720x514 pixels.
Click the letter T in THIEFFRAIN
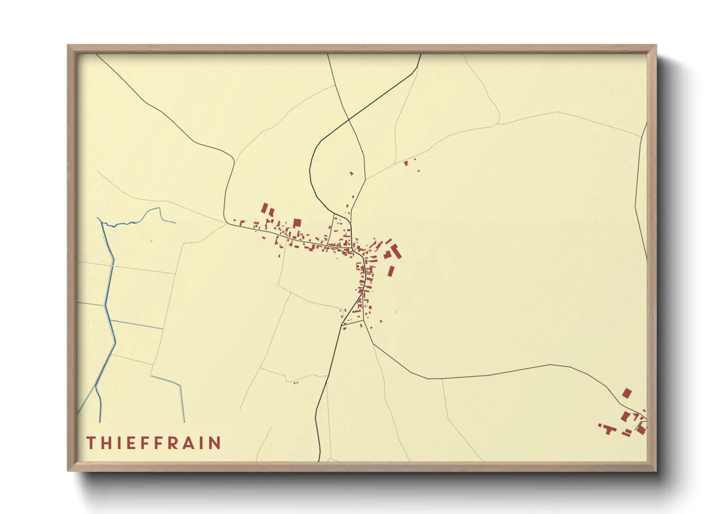coord(91,443)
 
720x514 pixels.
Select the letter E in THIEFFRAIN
coord(131,443)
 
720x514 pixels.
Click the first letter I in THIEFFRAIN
coord(119,443)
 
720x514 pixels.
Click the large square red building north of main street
coord(297,223)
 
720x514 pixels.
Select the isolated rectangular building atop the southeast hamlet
coord(627,393)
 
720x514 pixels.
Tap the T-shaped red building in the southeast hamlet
coord(607,428)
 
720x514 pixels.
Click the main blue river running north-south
coord(110,291)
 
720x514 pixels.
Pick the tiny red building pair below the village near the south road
coord(295,383)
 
